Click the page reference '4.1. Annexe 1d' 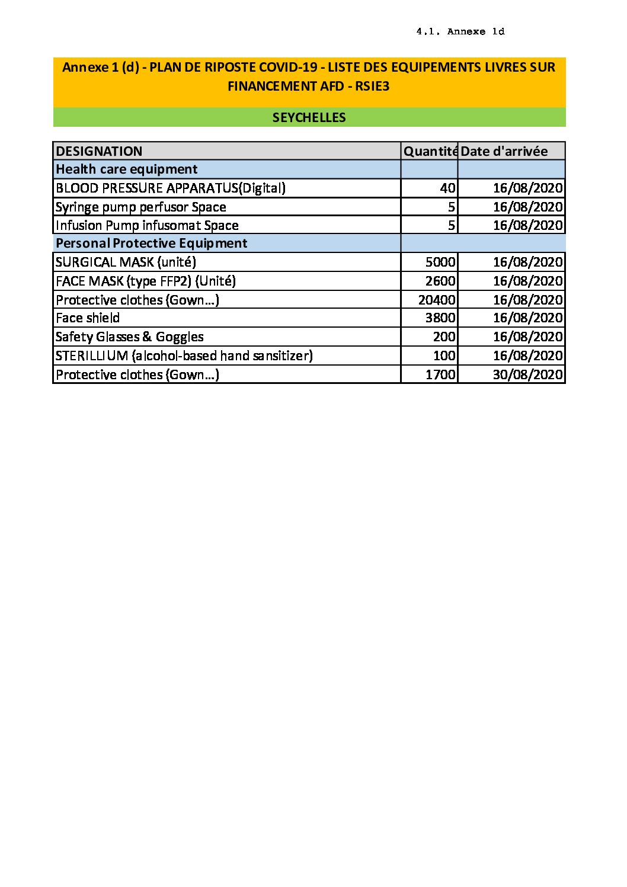460,32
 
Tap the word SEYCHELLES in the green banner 309,117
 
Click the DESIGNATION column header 99,151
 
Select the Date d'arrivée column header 504,151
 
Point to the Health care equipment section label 126,169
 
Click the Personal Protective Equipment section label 151,244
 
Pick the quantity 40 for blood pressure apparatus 447,188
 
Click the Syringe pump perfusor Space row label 140,207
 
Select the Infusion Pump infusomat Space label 147,225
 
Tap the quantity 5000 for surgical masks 440,262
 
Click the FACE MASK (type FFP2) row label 145,281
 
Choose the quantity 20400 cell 437,300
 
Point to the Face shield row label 88,318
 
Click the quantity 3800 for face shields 440,318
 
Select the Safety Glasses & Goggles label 129,337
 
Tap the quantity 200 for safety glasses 444,337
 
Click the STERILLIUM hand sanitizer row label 184,356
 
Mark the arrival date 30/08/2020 527,374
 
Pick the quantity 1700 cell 440,374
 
